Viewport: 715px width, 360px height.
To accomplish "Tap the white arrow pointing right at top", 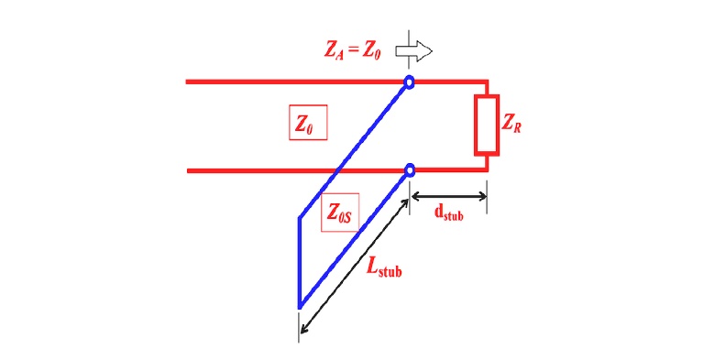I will tap(417, 49).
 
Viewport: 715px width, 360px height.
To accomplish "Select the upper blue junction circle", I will tap(410, 82).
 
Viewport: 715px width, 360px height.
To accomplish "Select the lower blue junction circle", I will tap(410, 169).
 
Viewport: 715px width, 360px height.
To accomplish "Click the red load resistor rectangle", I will tap(486, 124).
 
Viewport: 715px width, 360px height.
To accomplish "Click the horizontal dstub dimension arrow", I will tap(448, 194).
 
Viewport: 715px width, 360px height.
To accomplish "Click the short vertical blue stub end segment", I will tap(300, 261).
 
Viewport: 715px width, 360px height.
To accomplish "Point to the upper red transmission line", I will tap(275, 82).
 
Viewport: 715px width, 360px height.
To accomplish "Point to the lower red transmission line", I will tap(257, 170).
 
